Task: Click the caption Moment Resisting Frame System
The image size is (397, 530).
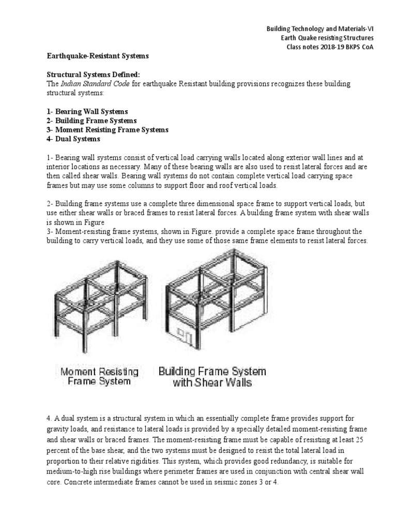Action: pos(99,377)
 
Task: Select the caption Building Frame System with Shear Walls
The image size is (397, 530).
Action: pos(212,377)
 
